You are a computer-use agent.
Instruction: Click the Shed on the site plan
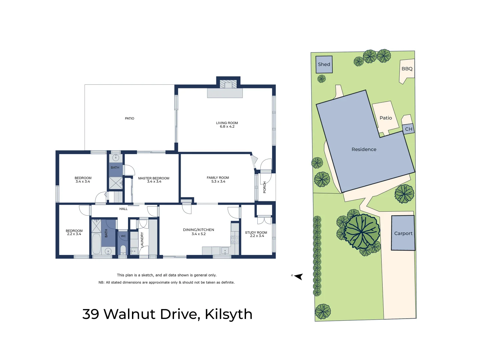(324, 64)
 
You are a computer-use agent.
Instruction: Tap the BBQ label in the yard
(407, 69)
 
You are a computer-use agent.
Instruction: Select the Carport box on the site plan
(403, 233)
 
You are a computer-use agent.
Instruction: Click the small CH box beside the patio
(409, 129)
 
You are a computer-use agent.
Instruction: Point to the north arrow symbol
(298, 276)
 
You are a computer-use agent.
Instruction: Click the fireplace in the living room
(228, 84)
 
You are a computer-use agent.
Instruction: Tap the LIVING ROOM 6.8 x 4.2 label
(227, 125)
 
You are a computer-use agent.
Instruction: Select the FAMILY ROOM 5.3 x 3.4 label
(218, 180)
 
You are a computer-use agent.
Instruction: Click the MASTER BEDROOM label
(154, 180)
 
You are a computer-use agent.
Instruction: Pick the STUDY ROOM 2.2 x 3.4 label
(256, 234)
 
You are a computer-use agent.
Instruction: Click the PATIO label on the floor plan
(130, 118)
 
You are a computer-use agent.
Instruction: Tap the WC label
(123, 236)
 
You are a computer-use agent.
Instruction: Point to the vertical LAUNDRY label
(142, 239)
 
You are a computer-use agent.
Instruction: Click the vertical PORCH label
(265, 187)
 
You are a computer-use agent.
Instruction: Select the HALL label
(123, 209)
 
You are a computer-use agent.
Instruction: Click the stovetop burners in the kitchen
(235, 240)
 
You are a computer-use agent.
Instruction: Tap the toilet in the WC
(123, 250)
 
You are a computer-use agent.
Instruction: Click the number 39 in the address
(91, 314)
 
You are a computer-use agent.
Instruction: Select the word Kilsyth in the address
(228, 314)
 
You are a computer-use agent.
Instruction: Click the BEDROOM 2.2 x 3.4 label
(74, 232)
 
